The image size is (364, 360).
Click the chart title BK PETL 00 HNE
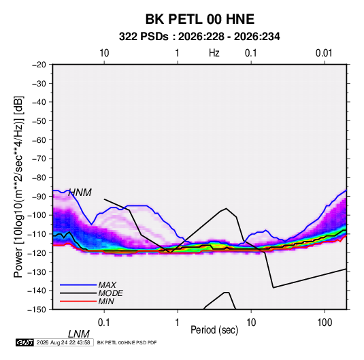199,19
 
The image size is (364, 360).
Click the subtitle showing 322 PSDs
199,37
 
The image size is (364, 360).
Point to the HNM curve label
80,193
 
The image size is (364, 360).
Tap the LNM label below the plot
79,334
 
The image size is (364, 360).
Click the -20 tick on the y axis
39,65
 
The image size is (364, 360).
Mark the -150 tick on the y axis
37,310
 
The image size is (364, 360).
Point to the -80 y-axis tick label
39,178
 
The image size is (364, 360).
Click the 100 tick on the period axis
325,323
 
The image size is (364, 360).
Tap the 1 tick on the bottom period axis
178,323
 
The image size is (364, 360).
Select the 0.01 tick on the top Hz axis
324,53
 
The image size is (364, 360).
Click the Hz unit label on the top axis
214,53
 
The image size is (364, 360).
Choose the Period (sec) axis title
214,330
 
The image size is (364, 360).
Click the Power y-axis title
18,187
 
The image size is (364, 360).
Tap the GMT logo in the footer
25,342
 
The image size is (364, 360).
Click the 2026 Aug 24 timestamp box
63,342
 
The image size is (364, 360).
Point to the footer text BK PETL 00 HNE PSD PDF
127,342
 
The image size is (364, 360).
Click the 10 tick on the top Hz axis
104,53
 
